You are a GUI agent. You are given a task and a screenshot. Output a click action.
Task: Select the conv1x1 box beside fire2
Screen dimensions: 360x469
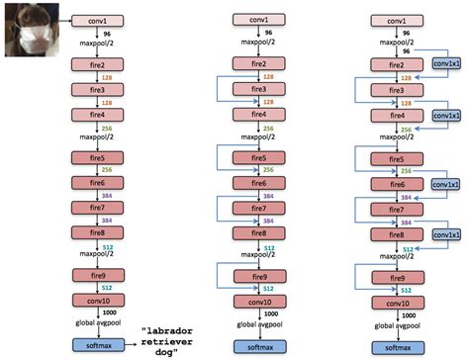click(x=446, y=63)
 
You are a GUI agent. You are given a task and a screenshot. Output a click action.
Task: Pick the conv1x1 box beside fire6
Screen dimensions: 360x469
click(x=446, y=184)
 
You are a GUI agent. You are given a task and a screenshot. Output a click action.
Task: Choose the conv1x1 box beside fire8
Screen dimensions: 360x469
click(x=446, y=234)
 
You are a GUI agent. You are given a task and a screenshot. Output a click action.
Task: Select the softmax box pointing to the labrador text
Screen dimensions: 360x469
click(x=95, y=344)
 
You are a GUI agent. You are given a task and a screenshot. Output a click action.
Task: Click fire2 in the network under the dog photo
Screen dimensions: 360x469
click(x=95, y=64)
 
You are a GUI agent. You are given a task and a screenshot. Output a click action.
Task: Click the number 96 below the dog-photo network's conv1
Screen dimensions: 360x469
click(x=106, y=33)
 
